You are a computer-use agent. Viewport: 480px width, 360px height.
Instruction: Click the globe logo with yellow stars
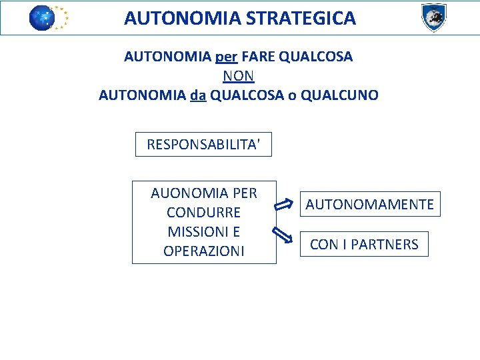[x=48, y=18]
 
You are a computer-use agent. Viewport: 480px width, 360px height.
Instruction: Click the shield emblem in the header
[x=433, y=17]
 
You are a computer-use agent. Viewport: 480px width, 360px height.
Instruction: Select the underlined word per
[x=227, y=57]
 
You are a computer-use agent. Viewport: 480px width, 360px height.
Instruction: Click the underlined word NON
[x=239, y=76]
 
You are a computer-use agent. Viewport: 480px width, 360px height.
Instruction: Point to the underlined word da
[x=198, y=95]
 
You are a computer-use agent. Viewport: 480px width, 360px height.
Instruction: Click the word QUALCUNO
[x=340, y=95]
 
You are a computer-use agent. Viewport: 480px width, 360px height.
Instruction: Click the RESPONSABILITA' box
[x=203, y=144]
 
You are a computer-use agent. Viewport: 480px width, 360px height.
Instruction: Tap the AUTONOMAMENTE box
[x=369, y=204]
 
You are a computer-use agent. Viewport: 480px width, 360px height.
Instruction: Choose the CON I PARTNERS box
[x=364, y=245]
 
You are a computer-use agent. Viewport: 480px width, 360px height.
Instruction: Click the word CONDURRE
[x=203, y=213]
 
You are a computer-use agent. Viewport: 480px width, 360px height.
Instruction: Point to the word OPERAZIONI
[x=203, y=251]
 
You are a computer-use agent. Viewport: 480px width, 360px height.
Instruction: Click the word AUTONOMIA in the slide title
[x=182, y=19]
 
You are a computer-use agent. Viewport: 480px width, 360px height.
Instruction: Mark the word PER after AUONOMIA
[x=245, y=193]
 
